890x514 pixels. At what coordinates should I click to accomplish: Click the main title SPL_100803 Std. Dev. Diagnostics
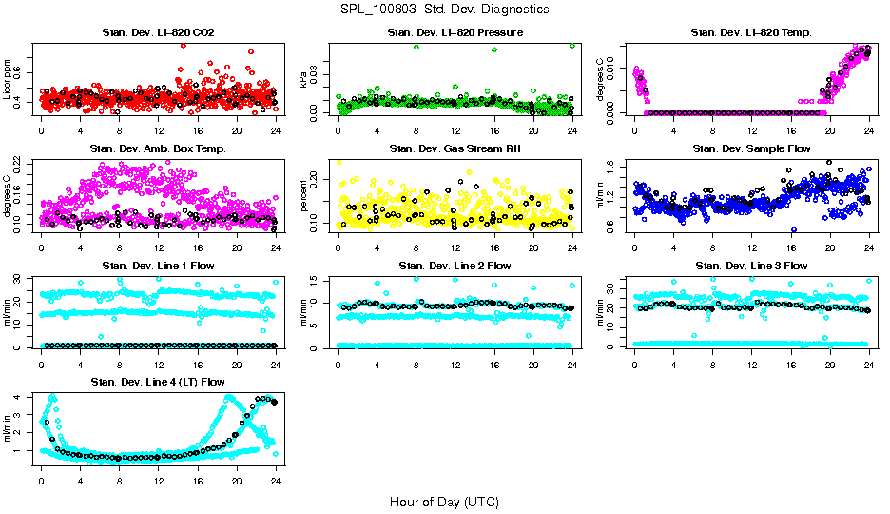coord(444,9)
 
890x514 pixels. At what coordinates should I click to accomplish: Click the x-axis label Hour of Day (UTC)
coord(444,501)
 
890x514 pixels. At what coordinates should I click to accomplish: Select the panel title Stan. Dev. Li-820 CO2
coord(158,33)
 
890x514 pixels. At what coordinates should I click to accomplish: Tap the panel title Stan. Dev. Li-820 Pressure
coord(455,33)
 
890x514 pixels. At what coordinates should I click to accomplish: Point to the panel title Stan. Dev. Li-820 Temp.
coord(751,33)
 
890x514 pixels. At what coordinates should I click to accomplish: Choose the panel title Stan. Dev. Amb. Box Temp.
coord(158,149)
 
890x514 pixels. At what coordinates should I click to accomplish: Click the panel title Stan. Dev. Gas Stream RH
coord(455,149)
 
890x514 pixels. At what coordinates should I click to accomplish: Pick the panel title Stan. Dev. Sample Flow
coord(751,149)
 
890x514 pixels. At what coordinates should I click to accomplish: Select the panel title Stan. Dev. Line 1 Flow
coord(158,266)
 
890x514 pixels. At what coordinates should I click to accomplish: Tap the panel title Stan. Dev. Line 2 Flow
coord(455,266)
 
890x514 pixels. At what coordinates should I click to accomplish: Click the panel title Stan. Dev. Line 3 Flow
coord(751,266)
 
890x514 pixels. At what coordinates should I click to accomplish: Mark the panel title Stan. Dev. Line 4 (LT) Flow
coord(158,382)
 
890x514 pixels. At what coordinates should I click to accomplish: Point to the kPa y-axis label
coord(304,80)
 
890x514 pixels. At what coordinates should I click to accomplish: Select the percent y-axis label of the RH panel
coord(304,195)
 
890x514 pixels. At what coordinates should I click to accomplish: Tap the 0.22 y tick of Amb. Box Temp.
coord(24,163)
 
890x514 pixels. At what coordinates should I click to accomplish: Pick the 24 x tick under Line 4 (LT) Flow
coord(276,482)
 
